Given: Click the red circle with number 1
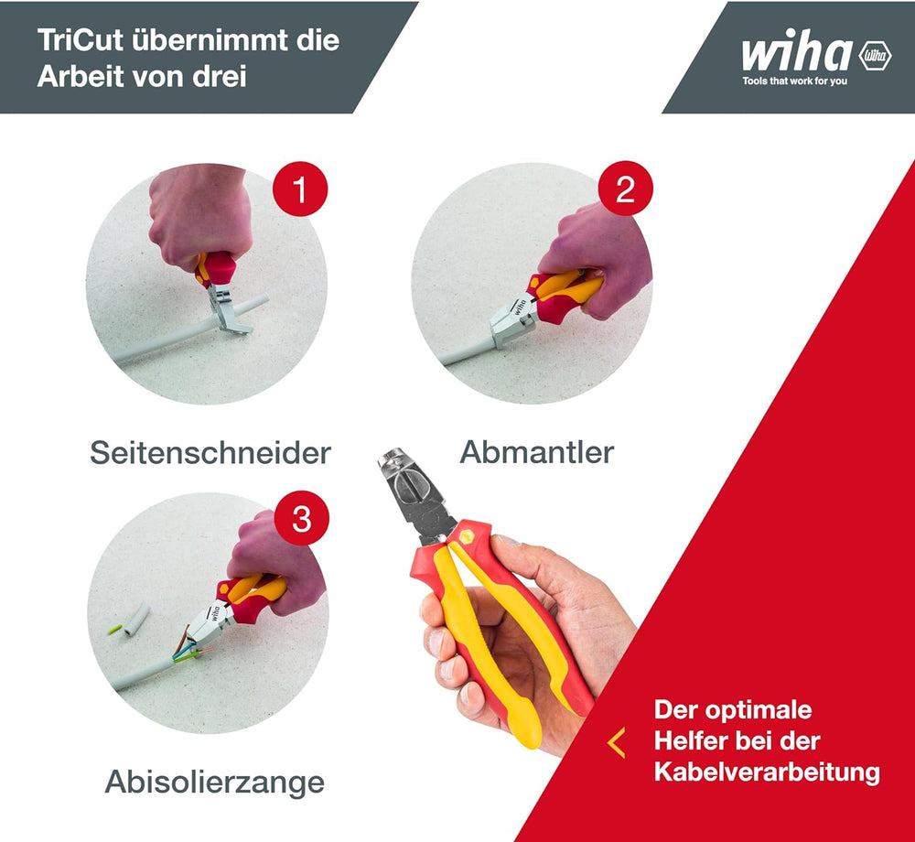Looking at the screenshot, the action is pos(300,189).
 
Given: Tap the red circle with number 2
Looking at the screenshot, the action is pos(626,189).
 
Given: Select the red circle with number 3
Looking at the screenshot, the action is pos(302,518).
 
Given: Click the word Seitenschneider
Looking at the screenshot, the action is pos(210,453).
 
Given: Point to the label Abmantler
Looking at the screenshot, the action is pos(537,452).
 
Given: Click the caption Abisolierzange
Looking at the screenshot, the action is pos(215,782).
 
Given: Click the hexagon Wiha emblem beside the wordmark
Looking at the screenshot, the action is pos(876,56).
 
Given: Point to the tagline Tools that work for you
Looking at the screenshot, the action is pos(795,81).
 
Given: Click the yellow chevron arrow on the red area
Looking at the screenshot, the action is pos(616,742).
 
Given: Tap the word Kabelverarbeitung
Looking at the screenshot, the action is pos(767,772).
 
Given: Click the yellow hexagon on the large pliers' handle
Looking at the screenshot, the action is pos(467,537).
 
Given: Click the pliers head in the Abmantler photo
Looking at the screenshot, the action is pos(511,320).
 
